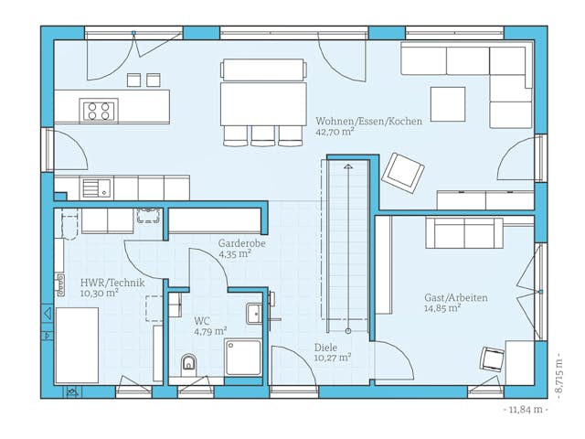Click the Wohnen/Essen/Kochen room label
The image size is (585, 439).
(368, 121)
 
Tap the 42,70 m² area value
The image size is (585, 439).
(335, 132)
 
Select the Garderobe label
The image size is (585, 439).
(241, 243)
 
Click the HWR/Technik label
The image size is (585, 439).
(112, 283)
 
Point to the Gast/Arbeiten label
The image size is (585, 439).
(455, 298)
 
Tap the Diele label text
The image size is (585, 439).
(325, 347)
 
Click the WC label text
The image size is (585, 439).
(202, 321)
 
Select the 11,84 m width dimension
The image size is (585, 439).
(526, 410)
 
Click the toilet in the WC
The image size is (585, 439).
(189, 363)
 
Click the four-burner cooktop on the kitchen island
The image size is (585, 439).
(100, 111)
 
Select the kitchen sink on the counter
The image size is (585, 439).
(95, 187)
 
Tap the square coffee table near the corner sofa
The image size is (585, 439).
(448, 104)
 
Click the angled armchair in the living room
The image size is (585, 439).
(403, 171)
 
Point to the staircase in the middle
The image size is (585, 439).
(347, 247)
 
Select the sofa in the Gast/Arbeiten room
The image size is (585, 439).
(464, 233)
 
